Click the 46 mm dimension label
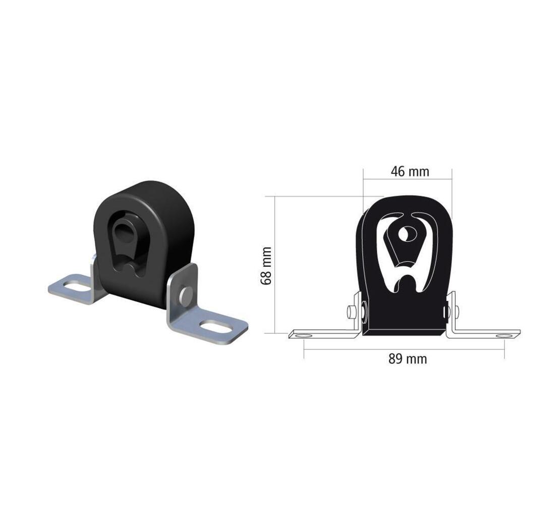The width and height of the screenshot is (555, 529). [410, 171]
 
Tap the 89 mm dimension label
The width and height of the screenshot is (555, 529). [408, 359]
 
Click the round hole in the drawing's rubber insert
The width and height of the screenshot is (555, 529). [404, 234]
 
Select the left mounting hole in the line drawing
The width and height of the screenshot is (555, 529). [304, 334]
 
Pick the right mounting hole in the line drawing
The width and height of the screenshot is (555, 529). [504, 335]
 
